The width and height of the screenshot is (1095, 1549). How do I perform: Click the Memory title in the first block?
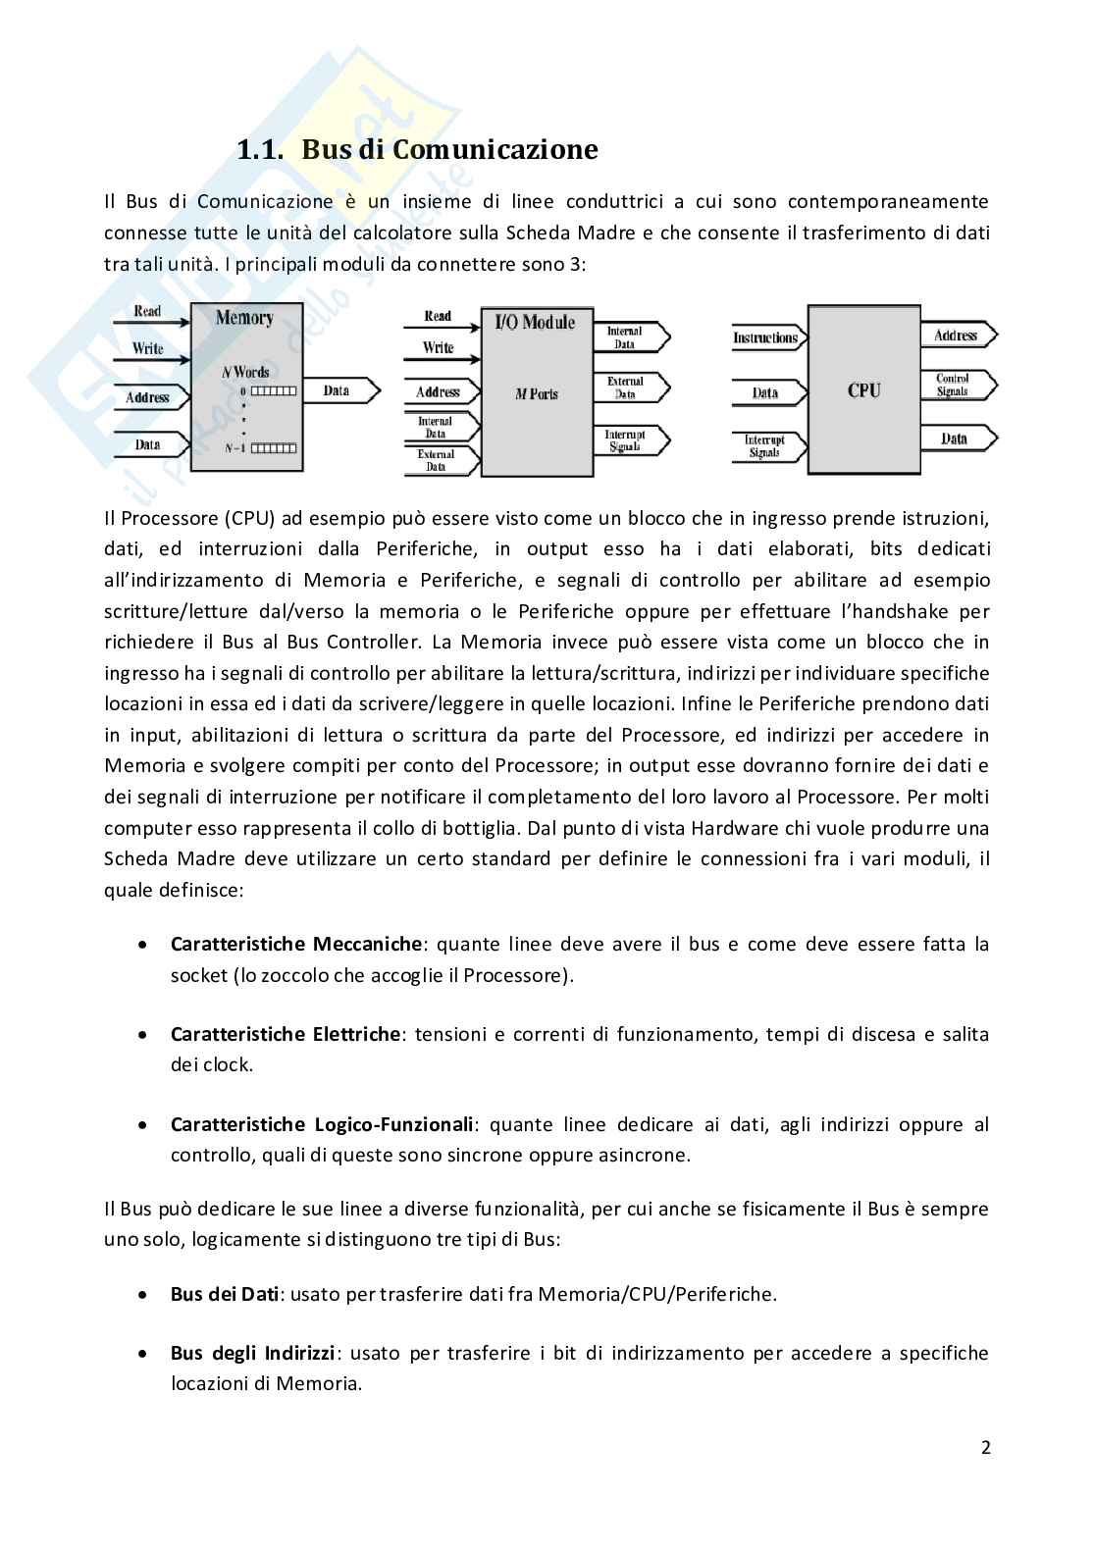pos(244,318)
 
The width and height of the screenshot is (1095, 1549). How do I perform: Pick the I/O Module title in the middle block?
pos(535,322)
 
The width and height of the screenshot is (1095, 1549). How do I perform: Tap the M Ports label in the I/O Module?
pos(536,393)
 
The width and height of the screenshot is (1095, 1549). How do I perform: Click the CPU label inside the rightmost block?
pos(863,390)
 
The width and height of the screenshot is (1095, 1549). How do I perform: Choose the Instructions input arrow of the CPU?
pos(766,338)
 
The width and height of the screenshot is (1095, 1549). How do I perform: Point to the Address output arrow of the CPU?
pos(956,336)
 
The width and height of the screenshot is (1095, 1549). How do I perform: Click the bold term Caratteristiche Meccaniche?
pos(296,945)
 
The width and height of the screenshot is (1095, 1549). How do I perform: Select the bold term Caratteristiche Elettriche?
pos(286,1034)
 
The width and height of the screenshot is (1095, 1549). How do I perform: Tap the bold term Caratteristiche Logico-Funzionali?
pos(324,1124)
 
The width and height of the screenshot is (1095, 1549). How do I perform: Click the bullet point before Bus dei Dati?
pos(144,1294)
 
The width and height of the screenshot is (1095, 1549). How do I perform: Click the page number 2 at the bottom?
pos(986,1448)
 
